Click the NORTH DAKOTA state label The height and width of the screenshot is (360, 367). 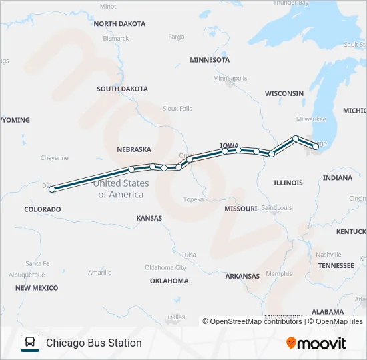click(x=119, y=24)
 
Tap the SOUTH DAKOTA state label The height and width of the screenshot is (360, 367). click(x=122, y=89)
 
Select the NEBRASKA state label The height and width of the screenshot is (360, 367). click(x=134, y=149)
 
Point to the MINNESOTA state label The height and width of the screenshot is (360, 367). click(x=210, y=60)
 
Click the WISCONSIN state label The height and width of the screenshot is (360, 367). click(x=284, y=94)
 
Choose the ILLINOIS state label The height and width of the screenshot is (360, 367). click(x=288, y=183)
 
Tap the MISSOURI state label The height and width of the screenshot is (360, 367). click(x=240, y=209)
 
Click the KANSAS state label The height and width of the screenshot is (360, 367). click(x=149, y=218)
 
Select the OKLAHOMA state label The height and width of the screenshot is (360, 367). click(x=169, y=281)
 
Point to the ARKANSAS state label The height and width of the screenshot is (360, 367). click(x=242, y=276)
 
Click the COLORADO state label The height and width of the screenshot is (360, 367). click(x=43, y=209)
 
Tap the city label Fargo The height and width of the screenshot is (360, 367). click(x=177, y=37)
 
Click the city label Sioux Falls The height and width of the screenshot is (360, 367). click(x=177, y=108)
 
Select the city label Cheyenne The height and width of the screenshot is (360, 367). click(x=55, y=158)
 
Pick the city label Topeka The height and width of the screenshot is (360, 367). click(x=193, y=199)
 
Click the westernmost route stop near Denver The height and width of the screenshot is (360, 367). click(x=52, y=189)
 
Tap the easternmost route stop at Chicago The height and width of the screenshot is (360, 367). click(x=316, y=147)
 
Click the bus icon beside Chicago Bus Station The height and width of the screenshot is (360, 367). click(x=30, y=343)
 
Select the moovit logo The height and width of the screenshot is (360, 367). click(x=316, y=343)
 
